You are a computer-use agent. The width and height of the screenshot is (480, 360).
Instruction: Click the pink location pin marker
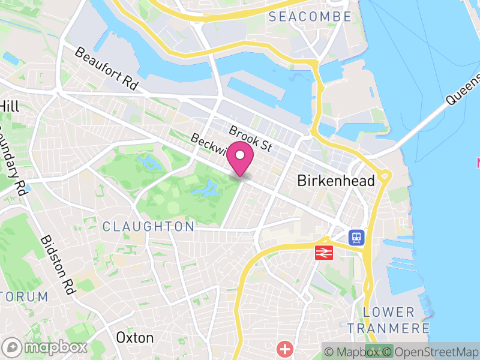241,158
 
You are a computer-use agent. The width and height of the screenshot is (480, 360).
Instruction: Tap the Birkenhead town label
336,181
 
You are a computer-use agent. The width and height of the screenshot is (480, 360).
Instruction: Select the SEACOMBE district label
309,17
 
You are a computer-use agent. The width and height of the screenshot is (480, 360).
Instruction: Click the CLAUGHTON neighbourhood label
149,227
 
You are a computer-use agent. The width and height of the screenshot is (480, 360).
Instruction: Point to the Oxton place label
135,337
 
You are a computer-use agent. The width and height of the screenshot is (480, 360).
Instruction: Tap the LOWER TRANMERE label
389,320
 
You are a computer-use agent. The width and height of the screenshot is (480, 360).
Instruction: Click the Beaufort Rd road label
106,69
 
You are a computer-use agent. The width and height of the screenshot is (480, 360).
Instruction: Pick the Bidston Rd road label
57,264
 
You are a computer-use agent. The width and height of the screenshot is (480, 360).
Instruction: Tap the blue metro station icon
356,237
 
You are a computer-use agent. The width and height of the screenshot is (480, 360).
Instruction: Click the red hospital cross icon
284,348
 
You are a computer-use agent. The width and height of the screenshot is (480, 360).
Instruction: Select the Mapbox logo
46,347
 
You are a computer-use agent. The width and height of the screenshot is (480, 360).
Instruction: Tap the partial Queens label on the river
463,90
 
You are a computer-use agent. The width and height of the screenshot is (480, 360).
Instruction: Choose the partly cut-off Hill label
10,106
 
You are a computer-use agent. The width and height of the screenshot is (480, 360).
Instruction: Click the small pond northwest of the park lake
146,161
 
